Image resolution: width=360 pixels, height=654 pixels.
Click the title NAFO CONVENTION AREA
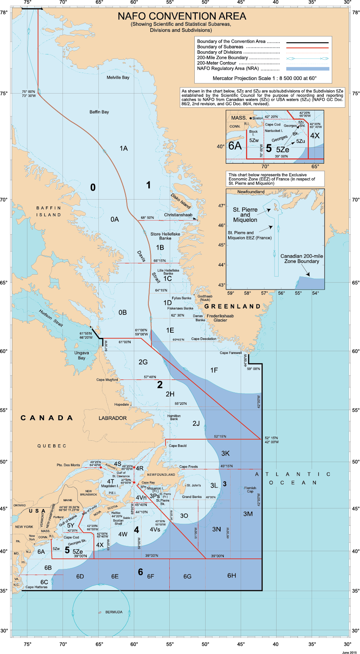(x=182, y=17)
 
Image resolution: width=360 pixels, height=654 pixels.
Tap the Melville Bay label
(x=118, y=77)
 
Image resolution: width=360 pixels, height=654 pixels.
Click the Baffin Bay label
(x=99, y=112)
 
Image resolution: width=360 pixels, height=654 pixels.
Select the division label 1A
(x=123, y=148)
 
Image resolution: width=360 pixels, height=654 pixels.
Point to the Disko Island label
(x=181, y=201)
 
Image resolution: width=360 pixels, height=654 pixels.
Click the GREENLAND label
(x=233, y=306)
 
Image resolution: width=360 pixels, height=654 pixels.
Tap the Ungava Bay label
(x=82, y=355)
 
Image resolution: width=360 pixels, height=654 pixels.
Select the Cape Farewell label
(x=231, y=353)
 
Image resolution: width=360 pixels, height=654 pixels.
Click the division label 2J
(x=196, y=423)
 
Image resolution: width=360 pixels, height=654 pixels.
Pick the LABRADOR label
(x=112, y=418)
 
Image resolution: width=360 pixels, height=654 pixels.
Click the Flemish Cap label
(x=250, y=489)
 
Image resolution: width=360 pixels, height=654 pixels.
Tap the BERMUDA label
(x=114, y=612)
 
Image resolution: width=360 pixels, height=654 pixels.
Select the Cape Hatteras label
(x=36, y=587)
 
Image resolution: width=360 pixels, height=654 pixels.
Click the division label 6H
(x=231, y=576)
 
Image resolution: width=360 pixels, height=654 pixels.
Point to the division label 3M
(x=248, y=514)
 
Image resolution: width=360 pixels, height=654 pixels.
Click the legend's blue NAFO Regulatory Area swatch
(x=308, y=69)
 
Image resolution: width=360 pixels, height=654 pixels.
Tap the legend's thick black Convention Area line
(x=308, y=42)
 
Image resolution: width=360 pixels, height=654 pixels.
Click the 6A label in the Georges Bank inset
(x=235, y=146)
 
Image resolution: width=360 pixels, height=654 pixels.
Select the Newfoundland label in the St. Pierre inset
(x=251, y=192)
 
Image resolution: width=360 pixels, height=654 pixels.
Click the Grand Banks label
(x=192, y=497)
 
